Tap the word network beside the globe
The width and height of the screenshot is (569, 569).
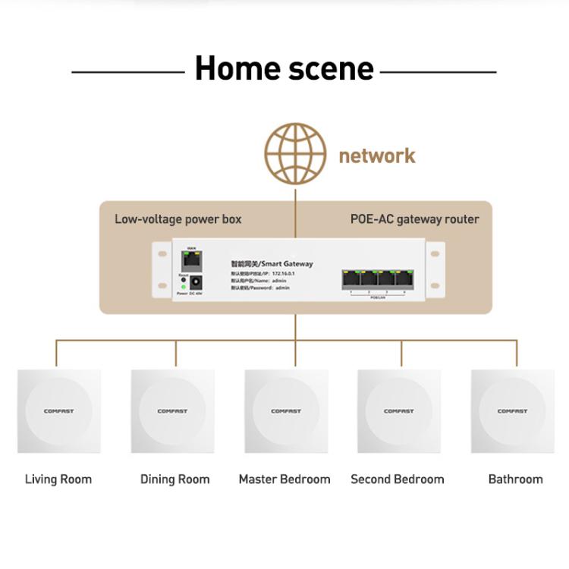376,156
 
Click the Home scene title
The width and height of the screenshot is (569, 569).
284,69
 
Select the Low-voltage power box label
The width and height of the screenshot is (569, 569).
178,219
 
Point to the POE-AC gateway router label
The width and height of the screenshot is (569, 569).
414,219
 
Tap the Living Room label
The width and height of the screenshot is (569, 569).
58,479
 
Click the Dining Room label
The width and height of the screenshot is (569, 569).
174,479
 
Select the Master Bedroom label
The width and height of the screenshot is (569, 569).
284,479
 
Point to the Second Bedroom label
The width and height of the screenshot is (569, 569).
398,479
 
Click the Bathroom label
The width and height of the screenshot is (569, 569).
515,479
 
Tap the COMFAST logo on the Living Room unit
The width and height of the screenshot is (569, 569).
59,412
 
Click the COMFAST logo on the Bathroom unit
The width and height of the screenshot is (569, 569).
512,412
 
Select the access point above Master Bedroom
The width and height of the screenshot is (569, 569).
286,412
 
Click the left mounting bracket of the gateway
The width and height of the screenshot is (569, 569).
160,270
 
